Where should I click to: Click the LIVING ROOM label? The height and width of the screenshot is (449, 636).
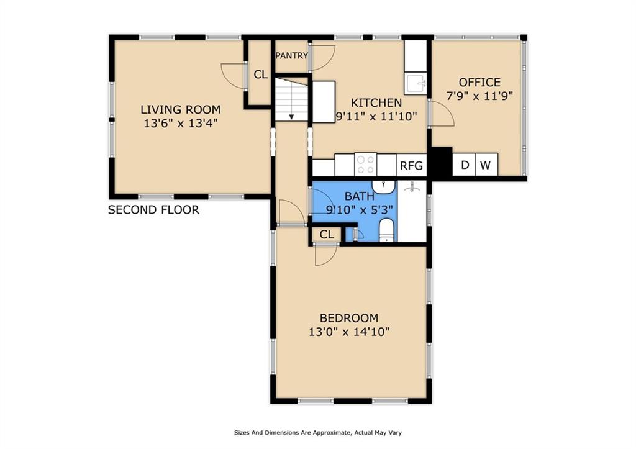[x=181, y=109]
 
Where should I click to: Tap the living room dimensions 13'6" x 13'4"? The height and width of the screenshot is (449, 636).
[x=181, y=123]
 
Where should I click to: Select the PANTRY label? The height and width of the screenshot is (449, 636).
[x=292, y=55]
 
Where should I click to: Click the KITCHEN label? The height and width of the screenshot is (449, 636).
[x=376, y=102]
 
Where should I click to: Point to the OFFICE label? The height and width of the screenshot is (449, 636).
[x=479, y=83]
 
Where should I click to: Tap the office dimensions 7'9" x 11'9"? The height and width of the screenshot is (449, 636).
[x=479, y=96]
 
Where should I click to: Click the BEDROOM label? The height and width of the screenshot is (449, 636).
[x=349, y=318]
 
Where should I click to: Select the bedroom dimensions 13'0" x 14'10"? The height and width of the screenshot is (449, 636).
[x=349, y=332]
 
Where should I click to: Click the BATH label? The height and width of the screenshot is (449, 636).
[x=360, y=196]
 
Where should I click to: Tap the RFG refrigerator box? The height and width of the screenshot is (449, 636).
[x=411, y=165]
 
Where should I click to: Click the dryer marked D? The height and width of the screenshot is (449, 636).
[x=464, y=165]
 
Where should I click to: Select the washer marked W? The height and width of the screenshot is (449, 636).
[x=486, y=165]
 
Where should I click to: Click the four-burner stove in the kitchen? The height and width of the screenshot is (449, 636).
[x=365, y=165]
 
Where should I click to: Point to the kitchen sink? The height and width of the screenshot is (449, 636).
[x=416, y=84]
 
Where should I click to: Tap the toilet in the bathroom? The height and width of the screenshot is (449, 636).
[x=386, y=230]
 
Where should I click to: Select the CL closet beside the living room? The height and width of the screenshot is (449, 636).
[x=260, y=75]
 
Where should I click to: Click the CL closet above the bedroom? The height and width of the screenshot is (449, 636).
[x=326, y=235]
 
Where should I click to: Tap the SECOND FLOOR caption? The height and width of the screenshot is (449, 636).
[x=154, y=210]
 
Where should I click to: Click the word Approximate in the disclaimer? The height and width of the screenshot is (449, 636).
[x=332, y=433]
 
